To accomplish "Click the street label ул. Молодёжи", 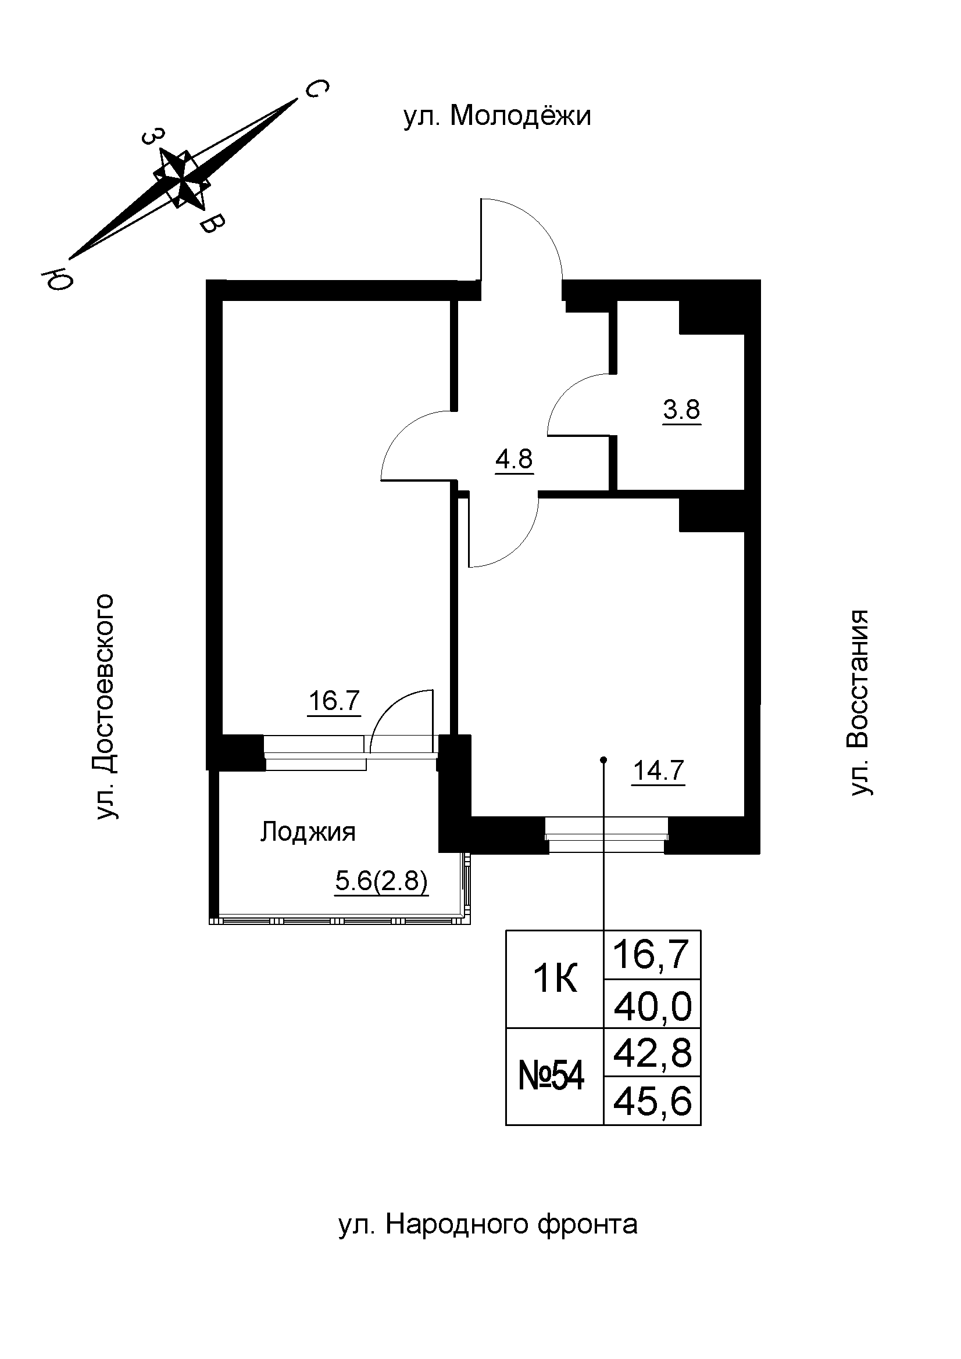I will click(x=498, y=117).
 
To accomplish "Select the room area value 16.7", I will click(x=334, y=701).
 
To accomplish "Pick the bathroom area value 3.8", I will click(x=681, y=409).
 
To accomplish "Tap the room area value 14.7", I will click(x=659, y=770).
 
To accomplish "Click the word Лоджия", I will click(x=308, y=831).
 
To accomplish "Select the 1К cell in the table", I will click(x=554, y=980).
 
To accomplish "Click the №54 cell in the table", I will click(x=551, y=1077).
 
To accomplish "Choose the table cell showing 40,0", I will click(x=652, y=1007).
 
